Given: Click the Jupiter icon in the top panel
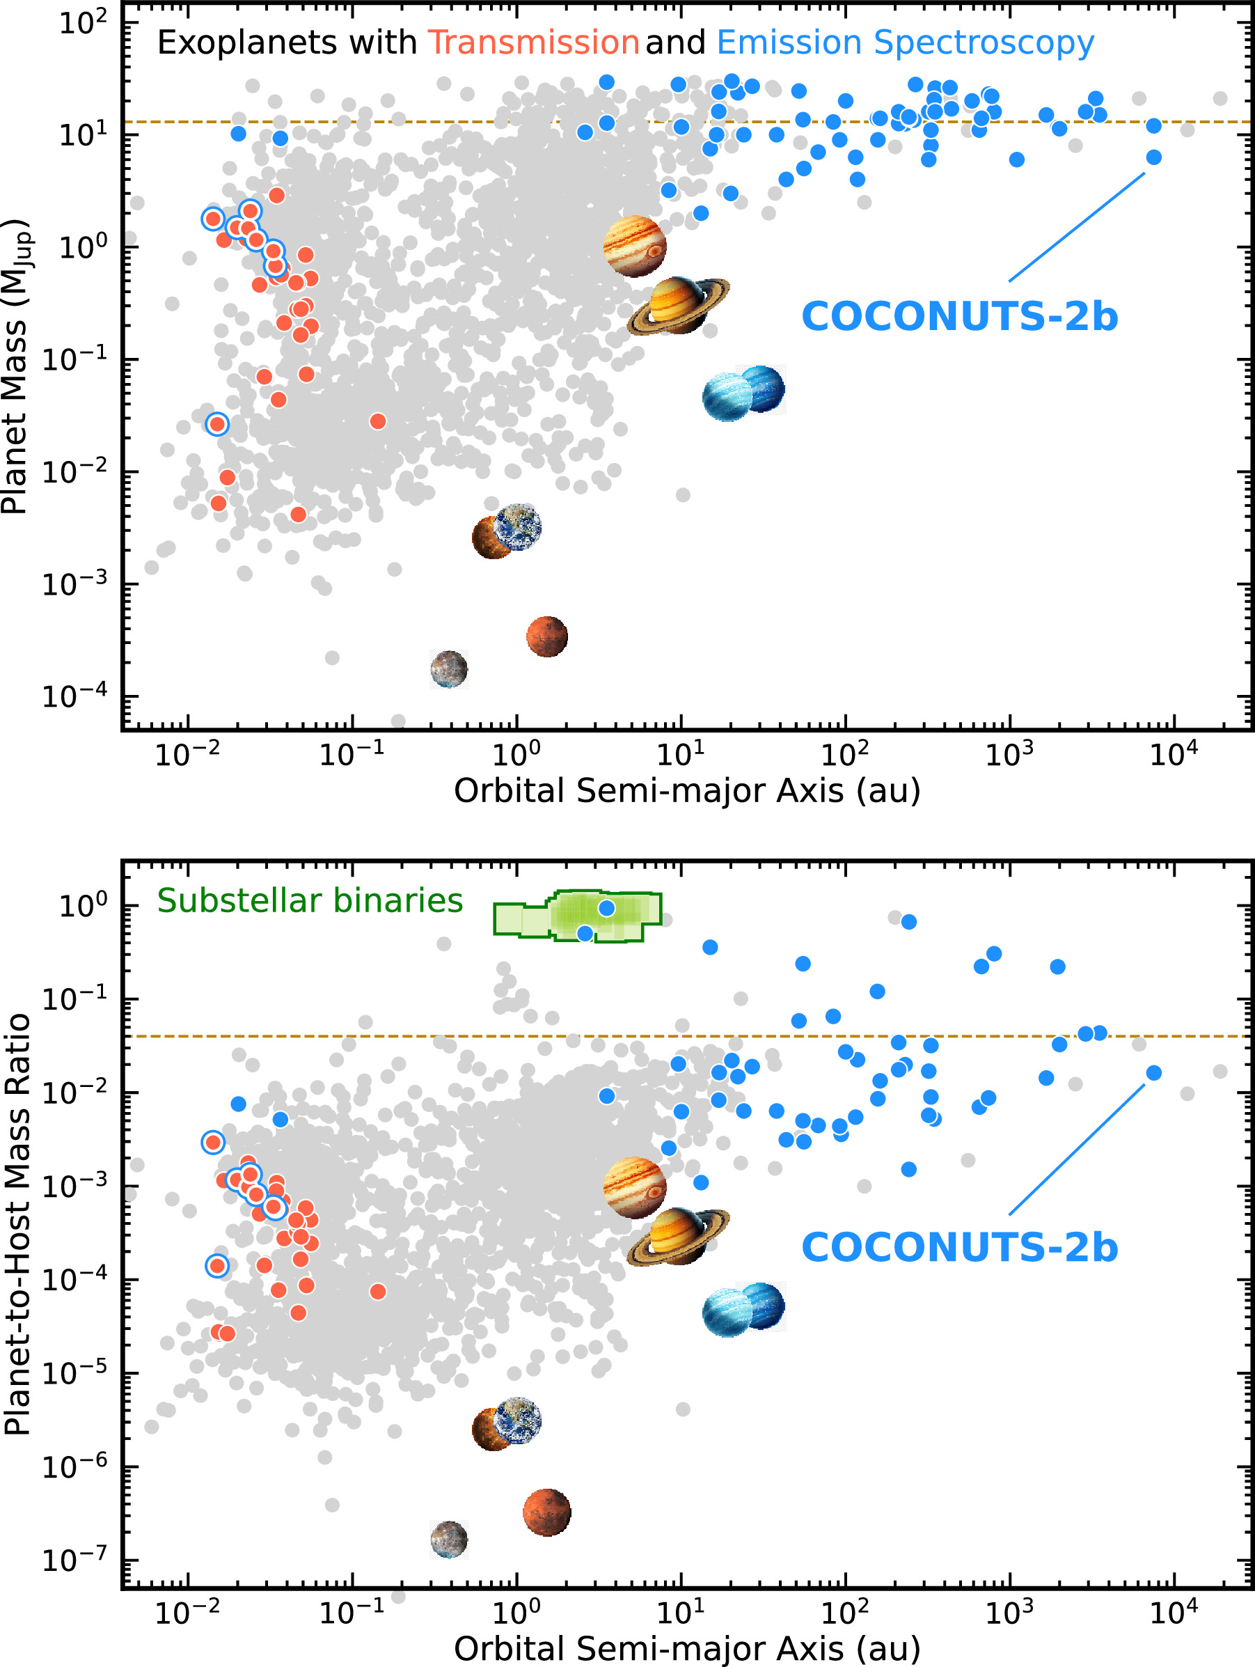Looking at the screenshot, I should coord(634,246).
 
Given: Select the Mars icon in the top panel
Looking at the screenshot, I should coord(547,637).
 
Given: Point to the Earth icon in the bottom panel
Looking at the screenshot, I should coord(519,1420).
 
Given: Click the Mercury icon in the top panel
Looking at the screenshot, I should coord(449,668).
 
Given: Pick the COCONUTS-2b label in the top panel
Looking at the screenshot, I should coord(959,317).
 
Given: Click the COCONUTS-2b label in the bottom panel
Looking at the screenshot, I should coord(959,1247).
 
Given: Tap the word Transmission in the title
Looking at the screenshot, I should coord(533,43).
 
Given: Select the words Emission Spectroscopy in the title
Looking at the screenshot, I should coord(905,43).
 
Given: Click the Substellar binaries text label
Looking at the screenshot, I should coord(310,900).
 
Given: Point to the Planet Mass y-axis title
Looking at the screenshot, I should coord(15,367).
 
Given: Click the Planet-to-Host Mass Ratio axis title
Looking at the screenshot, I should coord(17,1225).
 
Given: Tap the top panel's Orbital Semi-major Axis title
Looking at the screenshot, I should coord(686,790).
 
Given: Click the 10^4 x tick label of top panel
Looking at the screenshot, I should coord(1174,753).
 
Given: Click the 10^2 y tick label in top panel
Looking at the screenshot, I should coord(83,22).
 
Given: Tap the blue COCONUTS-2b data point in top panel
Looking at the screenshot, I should coord(1153,157).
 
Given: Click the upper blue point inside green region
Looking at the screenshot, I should coord(606,909).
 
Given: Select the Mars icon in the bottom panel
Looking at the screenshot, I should coord(547,1512).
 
